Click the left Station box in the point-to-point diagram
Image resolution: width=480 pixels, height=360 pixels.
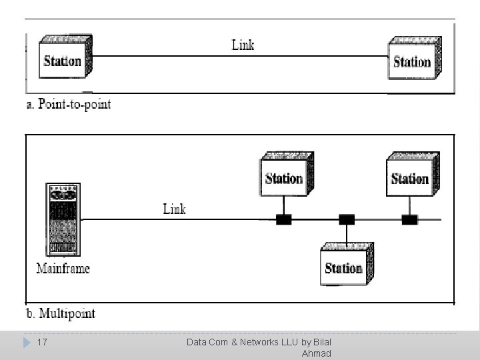point(64,59)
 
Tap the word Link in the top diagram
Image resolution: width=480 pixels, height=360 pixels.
point(243,45)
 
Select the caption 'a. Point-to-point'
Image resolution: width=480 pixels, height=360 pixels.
point(69,105)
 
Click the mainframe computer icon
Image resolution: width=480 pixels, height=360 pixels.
point(64,219)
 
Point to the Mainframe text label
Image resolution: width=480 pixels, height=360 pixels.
point(63,269)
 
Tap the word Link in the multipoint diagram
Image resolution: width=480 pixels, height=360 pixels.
point(174,209)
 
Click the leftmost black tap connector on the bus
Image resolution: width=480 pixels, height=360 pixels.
point(284,219)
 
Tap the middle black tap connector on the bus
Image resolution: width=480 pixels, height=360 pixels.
point(347,219)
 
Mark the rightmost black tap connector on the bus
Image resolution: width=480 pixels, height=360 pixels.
point(409,219)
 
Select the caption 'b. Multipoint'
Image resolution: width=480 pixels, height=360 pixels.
point(61,313)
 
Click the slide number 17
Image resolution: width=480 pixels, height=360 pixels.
point(42,342)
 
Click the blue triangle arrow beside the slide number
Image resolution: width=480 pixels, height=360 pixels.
point(27,343)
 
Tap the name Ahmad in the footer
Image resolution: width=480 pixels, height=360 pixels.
point(316,353)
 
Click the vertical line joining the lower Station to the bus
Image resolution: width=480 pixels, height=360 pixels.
point(347,233)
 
